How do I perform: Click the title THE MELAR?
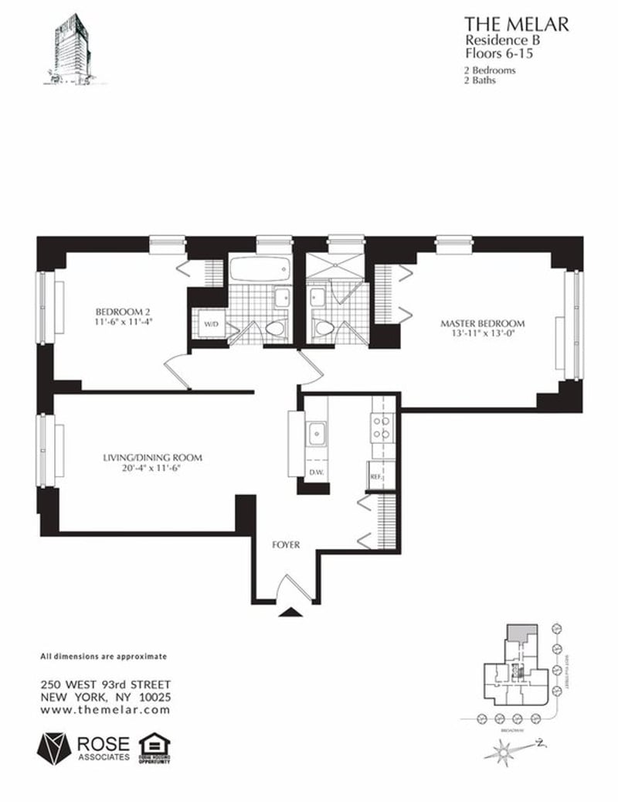coord(516,25)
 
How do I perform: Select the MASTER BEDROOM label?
coord(483,323)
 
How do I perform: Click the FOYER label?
coord(286,544)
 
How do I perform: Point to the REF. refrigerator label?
coord(377,477)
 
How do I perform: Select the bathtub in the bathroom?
coord(260,271)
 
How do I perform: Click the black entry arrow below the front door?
coord(290,613)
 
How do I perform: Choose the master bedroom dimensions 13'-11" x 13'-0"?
coord(483,334)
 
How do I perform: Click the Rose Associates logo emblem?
coord(56,747)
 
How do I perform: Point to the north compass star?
coord(506,749)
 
